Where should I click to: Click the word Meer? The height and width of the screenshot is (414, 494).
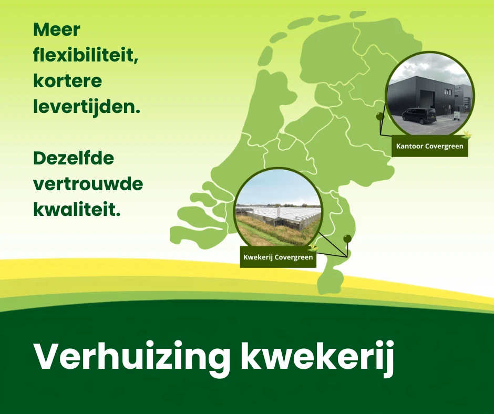(57, 29)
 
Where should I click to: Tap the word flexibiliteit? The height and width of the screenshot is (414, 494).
(86, 56)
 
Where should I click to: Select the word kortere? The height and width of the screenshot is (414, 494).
(67, 81)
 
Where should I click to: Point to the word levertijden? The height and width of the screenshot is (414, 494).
(86, 107)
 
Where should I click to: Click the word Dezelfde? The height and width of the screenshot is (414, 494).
(74, 158)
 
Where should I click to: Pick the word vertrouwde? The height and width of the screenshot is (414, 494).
(88, 184)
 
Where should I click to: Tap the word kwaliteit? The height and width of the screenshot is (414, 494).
(77, 209)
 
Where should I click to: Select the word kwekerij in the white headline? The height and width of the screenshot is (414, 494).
(317, 357)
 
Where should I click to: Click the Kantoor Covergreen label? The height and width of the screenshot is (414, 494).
(430, 146)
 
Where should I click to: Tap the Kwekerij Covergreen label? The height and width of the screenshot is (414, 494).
(278, 257)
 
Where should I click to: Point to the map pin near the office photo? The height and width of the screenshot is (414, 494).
(380, 117)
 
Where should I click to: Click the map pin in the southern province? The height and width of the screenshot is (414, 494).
(347, 239)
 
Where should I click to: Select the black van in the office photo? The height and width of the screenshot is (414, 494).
(419, 116)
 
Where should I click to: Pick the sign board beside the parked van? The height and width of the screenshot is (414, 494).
(457, 116)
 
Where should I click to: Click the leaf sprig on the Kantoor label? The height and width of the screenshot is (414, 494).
(466, 134)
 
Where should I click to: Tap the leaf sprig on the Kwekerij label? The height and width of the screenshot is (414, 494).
(313, 247)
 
